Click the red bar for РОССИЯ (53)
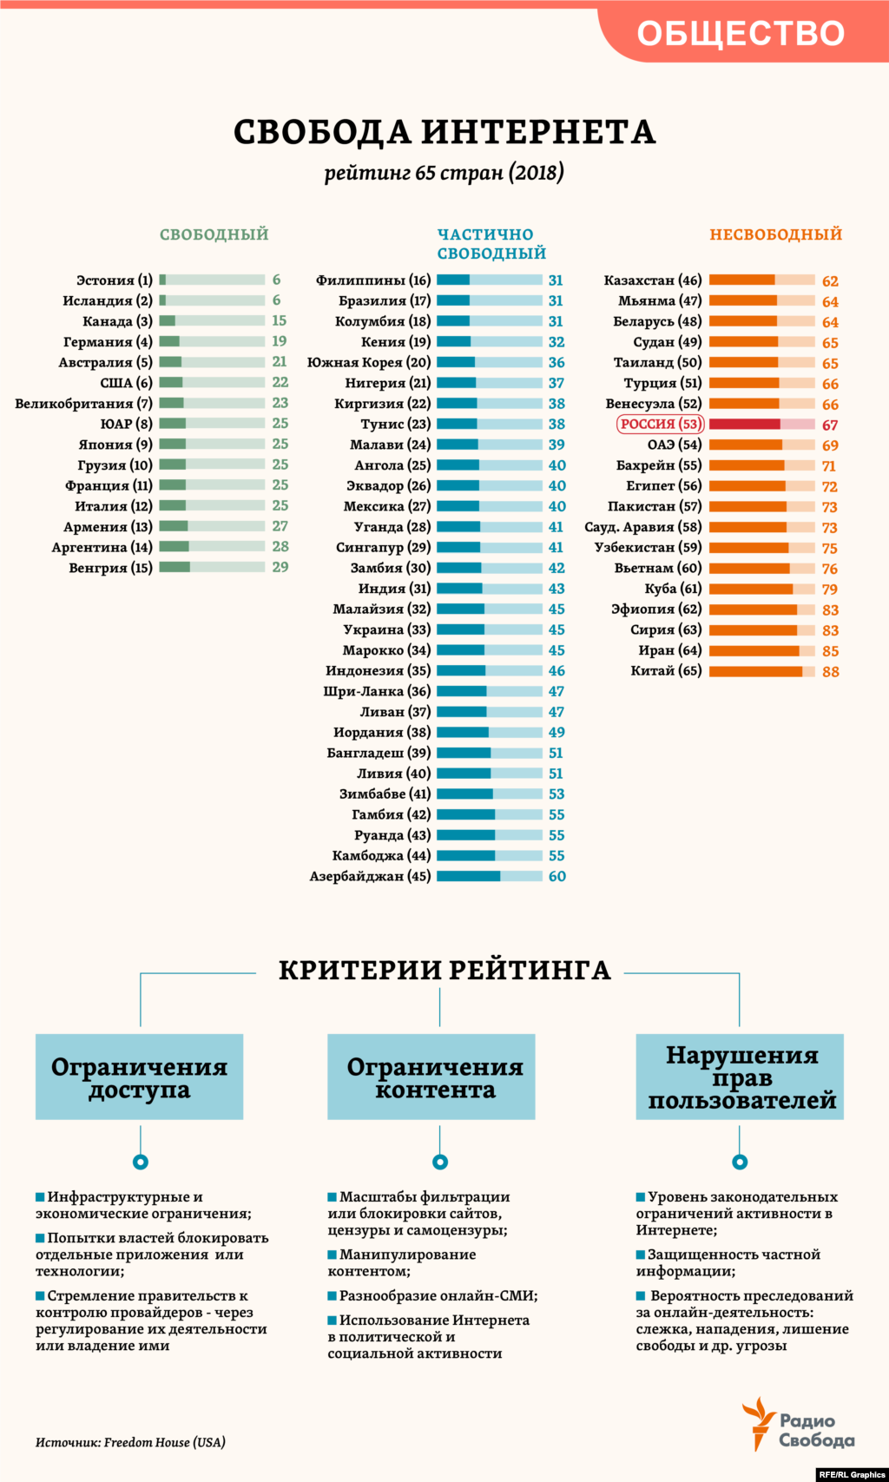pos(761,424)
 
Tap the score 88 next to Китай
pos(830,671)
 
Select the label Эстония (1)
pos(114,280)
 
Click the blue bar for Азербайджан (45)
pos(489,876)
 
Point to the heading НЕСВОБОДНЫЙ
pos(775,234)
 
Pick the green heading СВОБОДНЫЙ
pos(214,234)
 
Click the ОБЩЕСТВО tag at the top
pos(741,33)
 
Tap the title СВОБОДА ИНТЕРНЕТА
pos(444,132)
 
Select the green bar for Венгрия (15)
pos(212,567)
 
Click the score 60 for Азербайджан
pos(556,876)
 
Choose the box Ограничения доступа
pos(139,1077)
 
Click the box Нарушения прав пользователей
pos(740,1077)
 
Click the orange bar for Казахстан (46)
pos(761,280)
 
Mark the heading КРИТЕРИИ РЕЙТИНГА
pos(444,970)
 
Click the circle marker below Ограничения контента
pos(440,1162)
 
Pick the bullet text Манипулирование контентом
pos(401,1262)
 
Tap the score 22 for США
pos(280,382)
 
